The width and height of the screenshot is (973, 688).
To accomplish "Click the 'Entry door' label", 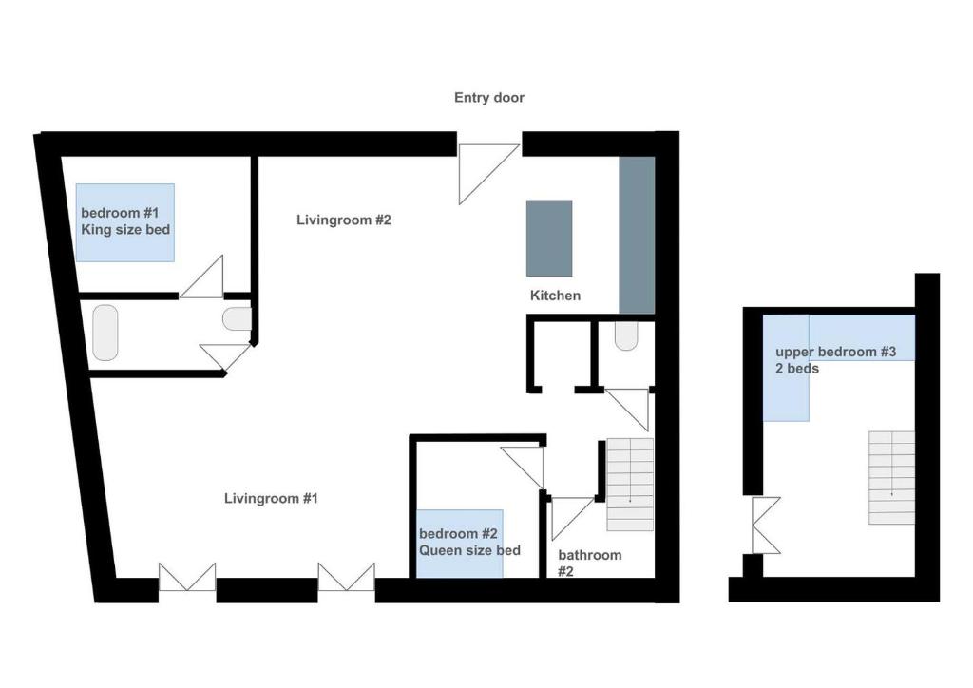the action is point(489,97).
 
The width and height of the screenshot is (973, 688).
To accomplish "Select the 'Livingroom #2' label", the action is point(344,220).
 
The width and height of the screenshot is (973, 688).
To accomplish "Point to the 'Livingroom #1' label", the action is point(271,498).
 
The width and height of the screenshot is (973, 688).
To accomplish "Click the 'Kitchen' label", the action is point(555,296).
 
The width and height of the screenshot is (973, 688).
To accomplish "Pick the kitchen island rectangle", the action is point(549,239).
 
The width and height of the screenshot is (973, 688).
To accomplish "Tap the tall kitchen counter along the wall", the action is point(637,235).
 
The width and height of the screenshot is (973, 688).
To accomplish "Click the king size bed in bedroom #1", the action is point(124,222).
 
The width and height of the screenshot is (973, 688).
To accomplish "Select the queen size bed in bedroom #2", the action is point(459,544).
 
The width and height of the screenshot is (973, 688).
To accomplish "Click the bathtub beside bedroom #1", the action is point(105,333).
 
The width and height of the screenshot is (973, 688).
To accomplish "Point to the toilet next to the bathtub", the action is point(237,319).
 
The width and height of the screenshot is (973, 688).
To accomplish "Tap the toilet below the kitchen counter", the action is point(626,335).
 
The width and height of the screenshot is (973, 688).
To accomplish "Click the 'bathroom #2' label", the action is point(589,563).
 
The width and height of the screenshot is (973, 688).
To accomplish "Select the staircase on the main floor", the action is point(630,485).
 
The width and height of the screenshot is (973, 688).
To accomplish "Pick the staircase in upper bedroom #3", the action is point(891,478).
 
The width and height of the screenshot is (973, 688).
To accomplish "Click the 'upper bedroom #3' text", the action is point(836,352).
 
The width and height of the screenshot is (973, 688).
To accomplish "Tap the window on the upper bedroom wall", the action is point(766,525).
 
